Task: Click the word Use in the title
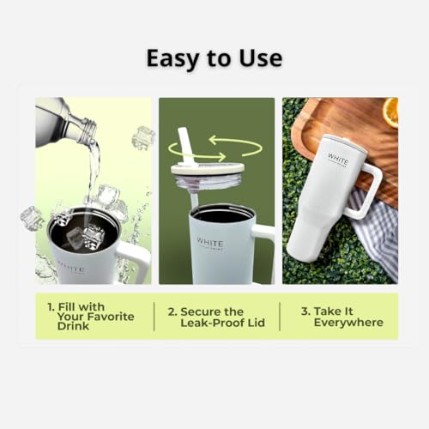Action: tap(258, 58)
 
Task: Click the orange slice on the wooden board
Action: tap(390, 112)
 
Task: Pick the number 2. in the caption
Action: tap(172, 311)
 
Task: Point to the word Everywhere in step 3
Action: tap(348, 323)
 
